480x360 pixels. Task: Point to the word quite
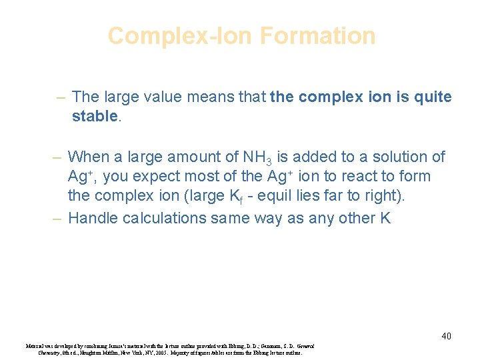click(x=431, y=97)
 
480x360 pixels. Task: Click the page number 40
click(x=446, y=336)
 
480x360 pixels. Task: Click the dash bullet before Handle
click(x=57, y=217)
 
